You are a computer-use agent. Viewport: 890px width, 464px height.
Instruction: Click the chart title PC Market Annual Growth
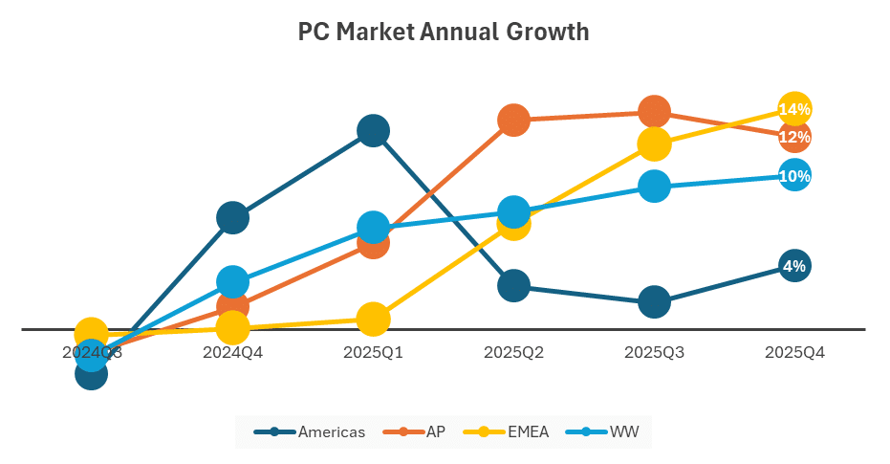point(444,33)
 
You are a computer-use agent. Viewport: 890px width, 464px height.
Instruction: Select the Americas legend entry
point(310,432)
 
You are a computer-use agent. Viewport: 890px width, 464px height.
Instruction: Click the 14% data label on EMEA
point(794,110)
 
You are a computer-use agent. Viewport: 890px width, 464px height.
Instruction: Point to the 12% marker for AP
point(794,138)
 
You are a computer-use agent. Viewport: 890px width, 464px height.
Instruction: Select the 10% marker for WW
point(794,176)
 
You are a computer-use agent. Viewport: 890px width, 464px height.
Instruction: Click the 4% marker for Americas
point(794,267)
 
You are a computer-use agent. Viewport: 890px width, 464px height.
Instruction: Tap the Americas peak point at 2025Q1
point(373,130)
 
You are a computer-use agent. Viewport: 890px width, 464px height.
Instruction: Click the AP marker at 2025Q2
point(513,120)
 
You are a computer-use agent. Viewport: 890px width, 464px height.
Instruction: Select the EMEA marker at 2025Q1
point(373,319)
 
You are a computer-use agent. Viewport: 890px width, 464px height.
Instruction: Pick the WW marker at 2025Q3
point(654,186)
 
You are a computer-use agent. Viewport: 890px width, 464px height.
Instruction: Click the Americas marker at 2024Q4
point(232,218)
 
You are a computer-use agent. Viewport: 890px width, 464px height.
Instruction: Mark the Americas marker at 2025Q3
point(654,302)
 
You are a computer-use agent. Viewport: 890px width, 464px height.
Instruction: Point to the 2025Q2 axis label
point(513,352)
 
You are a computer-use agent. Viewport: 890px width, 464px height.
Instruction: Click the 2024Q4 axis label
point(232,352)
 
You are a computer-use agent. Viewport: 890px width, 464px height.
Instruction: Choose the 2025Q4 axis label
point(794,352)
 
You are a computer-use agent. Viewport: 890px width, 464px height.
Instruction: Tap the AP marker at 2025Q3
point(654,112)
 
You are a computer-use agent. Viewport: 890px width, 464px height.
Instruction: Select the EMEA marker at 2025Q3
point(654,144)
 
